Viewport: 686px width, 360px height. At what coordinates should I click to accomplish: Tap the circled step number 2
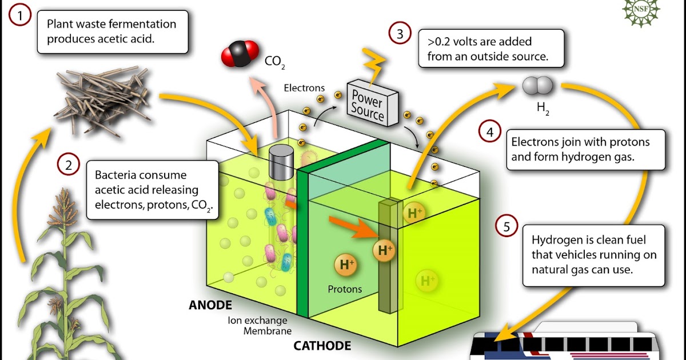pyautogui.click(x=69, y=165)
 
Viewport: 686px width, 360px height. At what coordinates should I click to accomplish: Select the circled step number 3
pyautogui.click(x=400, y=34)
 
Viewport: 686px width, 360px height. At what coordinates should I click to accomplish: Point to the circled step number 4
pyautogui.click(x=489, y=133)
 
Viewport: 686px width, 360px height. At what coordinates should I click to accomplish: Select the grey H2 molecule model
pyautogui.click(x=537, y=86)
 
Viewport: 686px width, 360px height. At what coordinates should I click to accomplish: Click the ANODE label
pyautogui.click(x=210, y=305)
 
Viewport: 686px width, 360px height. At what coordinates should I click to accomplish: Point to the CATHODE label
pyautogui.click(x=322, y=346)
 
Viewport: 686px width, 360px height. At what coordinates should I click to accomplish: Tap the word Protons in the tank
pyautogui.click(x=345, y=289)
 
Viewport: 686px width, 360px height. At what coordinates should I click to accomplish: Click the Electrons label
pyautogui.click(x=304, y=89)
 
